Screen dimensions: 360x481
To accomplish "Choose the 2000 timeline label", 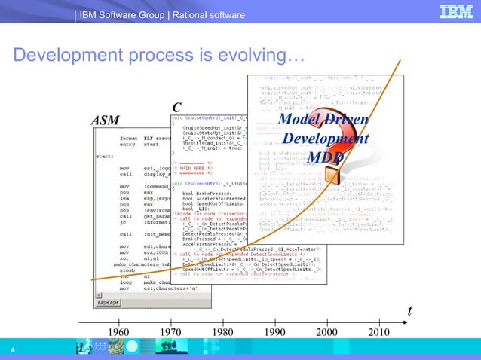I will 326,332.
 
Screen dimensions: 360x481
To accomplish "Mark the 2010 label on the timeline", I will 379,332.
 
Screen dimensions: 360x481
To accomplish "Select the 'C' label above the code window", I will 176,108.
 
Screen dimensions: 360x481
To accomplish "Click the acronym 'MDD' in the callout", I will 325,157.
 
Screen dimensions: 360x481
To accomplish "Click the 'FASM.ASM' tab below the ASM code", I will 110,304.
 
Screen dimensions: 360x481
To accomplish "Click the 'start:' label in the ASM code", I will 105,157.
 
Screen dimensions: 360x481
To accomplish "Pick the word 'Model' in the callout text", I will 299,122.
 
